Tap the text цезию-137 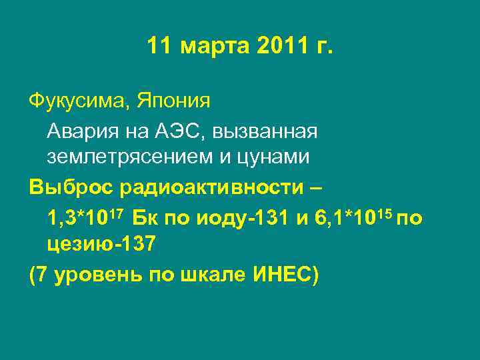point(101,245)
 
